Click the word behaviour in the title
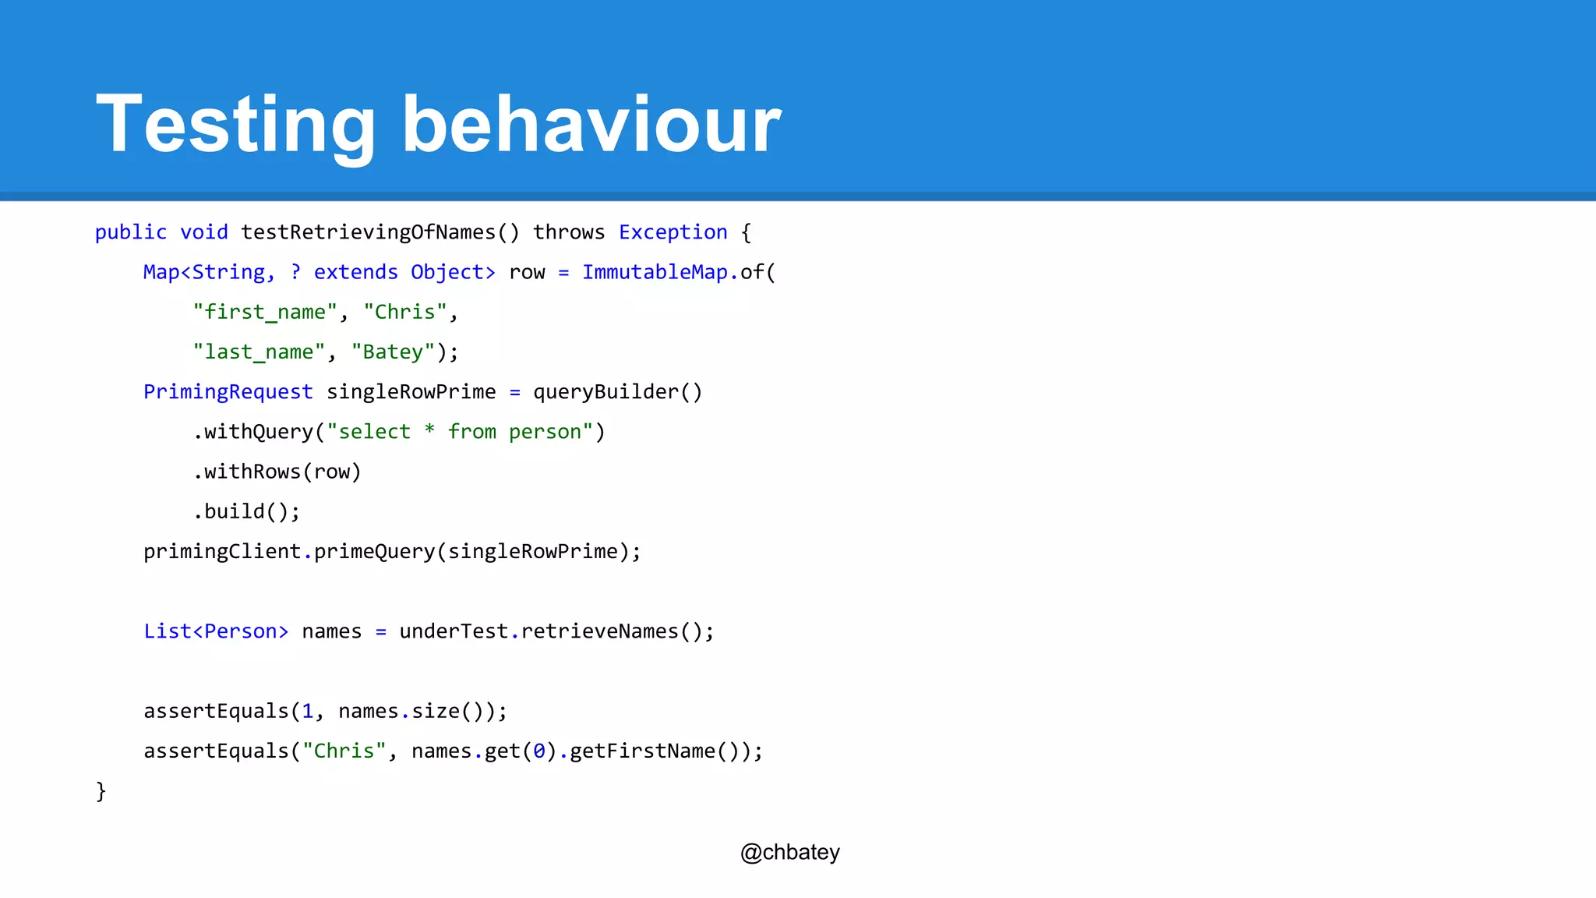pyautogui.click(x=591, y=125)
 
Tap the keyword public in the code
pyautogui.click(x=130, y=232)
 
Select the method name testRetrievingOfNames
pyautogui.click(x=369, y=232)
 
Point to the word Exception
pyautogui.click(x=673, y=232)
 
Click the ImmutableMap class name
pyautogui.click(x=655, y=272)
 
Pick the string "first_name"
pyautogui.click(x=265, y=312)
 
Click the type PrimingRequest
pyautogui.click(x=228, y=391)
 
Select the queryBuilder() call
pyautogui.click(x=617, y=391)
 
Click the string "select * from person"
pyautogui.click(x=460, y=432)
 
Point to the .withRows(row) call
pyautogui.click(x=277, y=472)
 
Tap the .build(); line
pyautogui.click(x=246, y=511)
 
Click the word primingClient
pyautogui.click(x=222, y=552)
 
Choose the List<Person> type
pyautogui.click(x=216, y=631)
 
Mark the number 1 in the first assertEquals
pyautogui.click(x=308, y=711)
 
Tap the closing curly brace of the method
pyautogui.click(x=101, y=791)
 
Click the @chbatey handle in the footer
pyautogui.click(x=789, y=852)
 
